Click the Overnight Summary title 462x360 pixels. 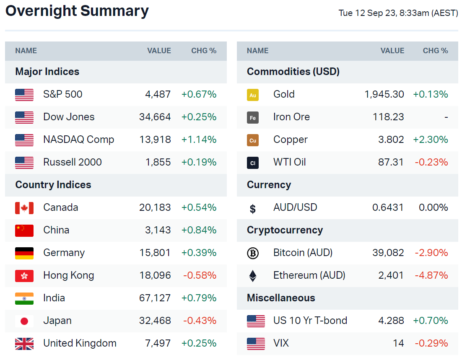coord(77,11)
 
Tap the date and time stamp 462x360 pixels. coord(398,13)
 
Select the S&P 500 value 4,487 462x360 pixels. coord(158,94)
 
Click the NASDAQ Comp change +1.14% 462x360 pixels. coord(199,140)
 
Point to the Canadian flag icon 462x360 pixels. coord(24,207)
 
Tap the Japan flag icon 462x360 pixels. coord(24,321)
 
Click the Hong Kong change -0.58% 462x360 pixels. coord(200,275)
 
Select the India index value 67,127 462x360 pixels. coord(155,298)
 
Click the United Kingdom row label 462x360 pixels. coord(80,343)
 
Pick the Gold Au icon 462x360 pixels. coord(253,95)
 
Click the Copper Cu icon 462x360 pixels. coord(253,140)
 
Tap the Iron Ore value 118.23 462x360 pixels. coord(388,117)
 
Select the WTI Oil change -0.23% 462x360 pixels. coord(431,162)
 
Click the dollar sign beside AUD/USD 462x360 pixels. coord(253,208)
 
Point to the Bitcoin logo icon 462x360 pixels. coord(253,253)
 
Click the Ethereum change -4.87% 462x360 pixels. coord(431,275)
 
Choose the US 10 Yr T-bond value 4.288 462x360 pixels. coord(391,321)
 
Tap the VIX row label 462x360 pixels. coord(281,343)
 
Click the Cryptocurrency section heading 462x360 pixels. coord(285,230)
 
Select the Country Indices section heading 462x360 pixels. coord(53,185)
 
